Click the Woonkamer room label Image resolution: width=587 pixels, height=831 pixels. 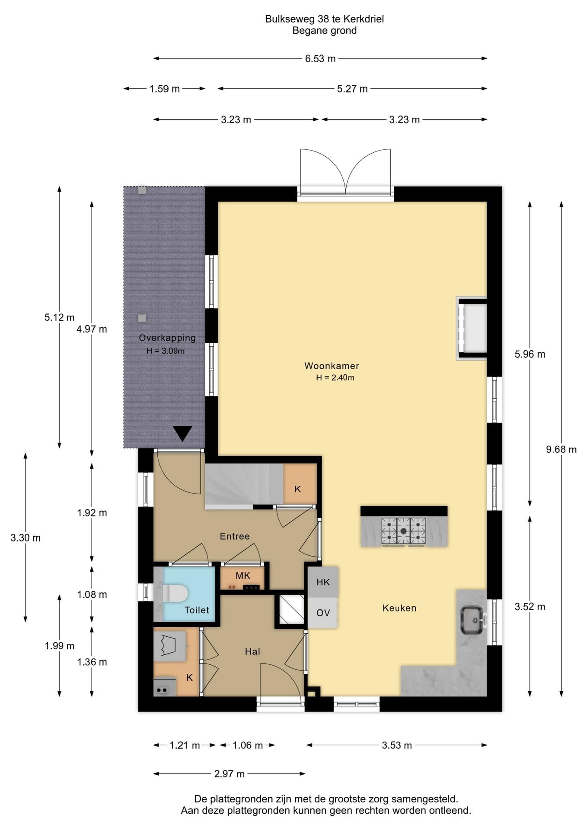[x=332, y=366]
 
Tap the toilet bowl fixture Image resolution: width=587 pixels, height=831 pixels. [x=175, y=593]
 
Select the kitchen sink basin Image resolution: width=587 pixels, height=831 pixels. [x=472, y=620]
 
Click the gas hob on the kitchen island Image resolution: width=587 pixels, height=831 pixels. [x=403, y=531]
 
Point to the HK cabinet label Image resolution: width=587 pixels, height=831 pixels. [x=323, y=582]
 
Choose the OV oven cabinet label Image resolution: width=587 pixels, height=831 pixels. [x=323, y=613]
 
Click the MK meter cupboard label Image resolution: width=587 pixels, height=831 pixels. [x=243, y=576]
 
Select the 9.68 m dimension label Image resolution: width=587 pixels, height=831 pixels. [x=561, y=449]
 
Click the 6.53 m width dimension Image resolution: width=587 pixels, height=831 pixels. [x=320, y=58]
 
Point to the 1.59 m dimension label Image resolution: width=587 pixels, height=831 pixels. [x=164, y=89]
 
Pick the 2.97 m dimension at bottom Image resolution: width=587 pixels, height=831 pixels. [x=230, y=773]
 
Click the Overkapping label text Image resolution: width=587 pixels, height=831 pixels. [x=167, y=338]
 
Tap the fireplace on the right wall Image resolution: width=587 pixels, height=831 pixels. [x=472, y=329]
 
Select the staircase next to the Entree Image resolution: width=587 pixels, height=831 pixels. [x=244, y=484]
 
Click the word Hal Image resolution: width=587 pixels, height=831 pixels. [x=252, y=651]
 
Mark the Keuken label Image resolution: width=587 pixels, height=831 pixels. [x=399, y=608]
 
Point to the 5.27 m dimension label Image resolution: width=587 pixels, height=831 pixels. [x=352, y=89]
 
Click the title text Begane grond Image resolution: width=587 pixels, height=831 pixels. [x=325, y=31]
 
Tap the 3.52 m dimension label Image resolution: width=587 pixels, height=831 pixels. [x=530, y=607]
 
